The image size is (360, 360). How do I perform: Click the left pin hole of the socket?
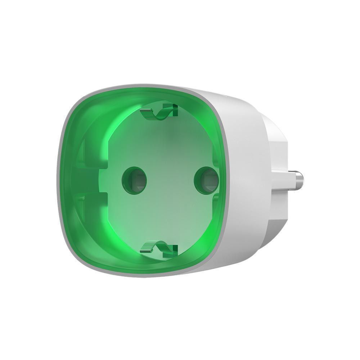[134, 179]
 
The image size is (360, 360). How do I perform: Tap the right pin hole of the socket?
[206, 180]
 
